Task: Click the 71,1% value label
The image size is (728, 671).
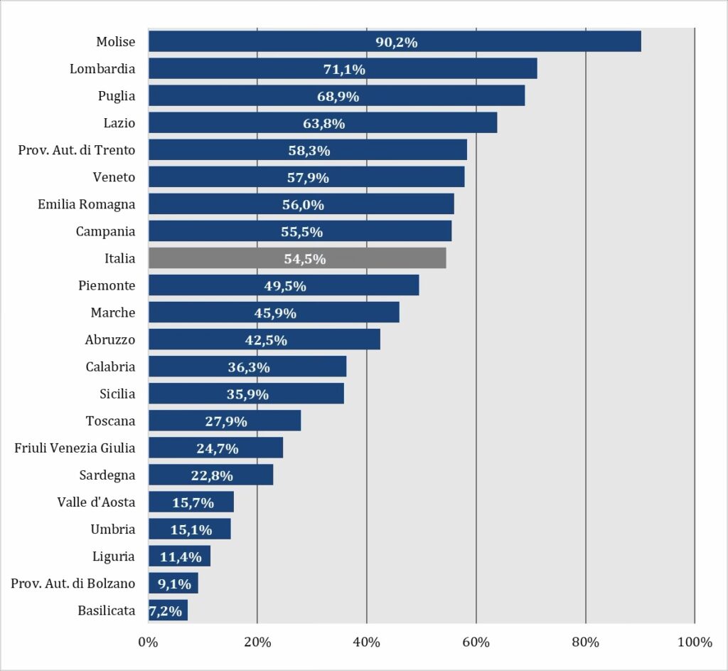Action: (x=343, y=69)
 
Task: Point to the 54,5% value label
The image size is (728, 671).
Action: (x=305, y=259)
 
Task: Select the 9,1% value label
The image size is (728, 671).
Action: (x=173, y=583)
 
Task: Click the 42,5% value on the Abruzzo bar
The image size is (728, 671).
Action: (x=266, y=340)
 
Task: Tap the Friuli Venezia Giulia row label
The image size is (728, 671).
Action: (x=75, y=448)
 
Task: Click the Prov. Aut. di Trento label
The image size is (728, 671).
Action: (x=77, y=149)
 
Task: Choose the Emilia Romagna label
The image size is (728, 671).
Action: (x=86, y=204)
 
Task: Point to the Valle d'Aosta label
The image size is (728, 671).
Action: (x=96, y=502)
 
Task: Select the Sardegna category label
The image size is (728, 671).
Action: (x=107, y=475)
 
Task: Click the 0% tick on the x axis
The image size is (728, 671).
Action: (x=148, y=643)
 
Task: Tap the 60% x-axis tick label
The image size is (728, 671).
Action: (x=476, y=643)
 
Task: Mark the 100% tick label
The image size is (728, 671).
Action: (x=695, y=643)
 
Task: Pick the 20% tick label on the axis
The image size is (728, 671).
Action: (x=257, y=643)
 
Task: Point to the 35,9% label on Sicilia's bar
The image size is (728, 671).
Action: (x=247, y=394)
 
